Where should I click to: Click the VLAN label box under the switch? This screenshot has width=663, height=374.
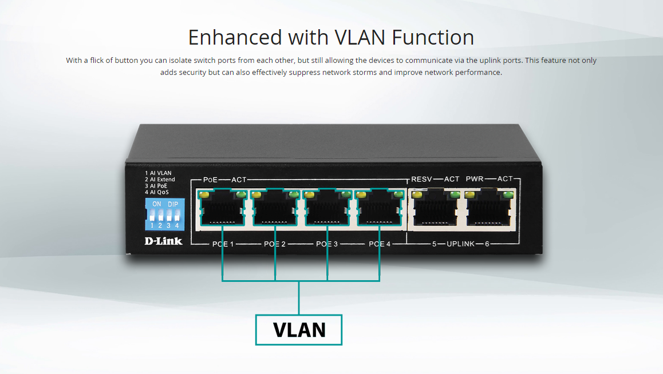coord(298,330)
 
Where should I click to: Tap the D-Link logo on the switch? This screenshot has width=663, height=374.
coord(163,241)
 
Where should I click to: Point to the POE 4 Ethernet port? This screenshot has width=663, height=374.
coord(379,210)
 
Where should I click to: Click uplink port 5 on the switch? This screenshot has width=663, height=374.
coord(436,210)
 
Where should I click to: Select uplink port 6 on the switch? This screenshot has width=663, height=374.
coord(489,210)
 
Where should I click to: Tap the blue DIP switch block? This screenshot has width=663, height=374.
coord(165,214)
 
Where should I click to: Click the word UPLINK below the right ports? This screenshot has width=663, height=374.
coord(460,244)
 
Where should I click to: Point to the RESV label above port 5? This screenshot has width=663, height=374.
coord(422,179)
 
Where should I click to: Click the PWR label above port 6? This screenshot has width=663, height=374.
coord(475,179)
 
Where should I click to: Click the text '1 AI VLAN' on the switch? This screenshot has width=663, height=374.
coord(158,173)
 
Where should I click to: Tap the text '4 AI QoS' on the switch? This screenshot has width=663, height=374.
coord(157,193)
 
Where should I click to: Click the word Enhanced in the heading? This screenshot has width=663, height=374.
coord(235,38)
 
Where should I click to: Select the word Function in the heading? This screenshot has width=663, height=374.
coord(433,38)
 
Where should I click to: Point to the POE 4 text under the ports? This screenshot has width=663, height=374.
coord(379,244)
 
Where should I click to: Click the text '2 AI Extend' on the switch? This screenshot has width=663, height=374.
coord(160,180)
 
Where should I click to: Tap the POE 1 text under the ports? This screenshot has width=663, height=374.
coord(222,244)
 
